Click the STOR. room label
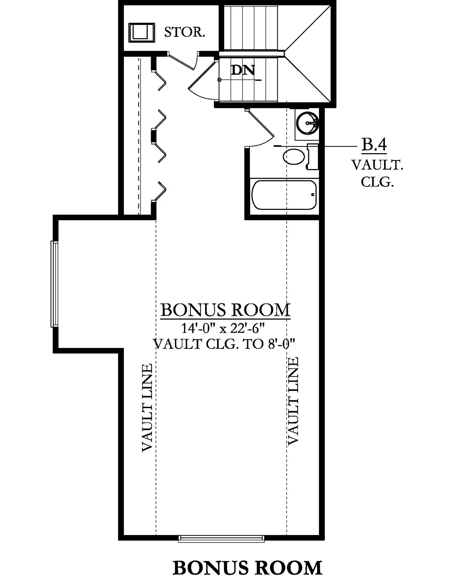pos(185,32)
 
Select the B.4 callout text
pos(374,144)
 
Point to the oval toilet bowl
pos(294,157)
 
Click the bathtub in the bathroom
pos(284,195)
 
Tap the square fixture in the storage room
pos(142,32)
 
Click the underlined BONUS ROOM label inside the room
pos(225,310)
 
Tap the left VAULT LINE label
pos(148,408)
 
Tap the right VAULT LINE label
pos(293,401)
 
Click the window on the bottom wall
pos(222,538)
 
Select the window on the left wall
pos(54,284)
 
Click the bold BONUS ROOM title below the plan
pos(247,568)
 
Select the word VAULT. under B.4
pos(378,165)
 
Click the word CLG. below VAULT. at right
pos(377,182)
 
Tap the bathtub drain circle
pos(313,195)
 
